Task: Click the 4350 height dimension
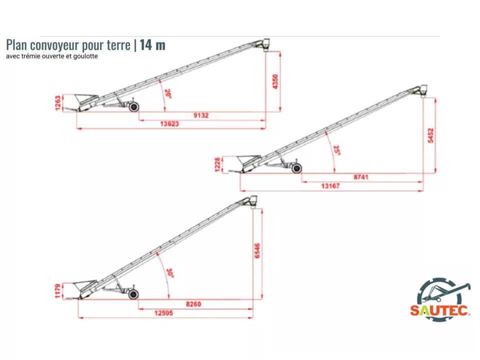[275, 81]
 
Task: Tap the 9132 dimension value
[201, 115]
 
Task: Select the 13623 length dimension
[169, 123]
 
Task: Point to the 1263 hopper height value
[58, 103]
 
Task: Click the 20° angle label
[168, 93]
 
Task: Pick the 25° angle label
[336, 150]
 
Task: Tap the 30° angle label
[170, 273]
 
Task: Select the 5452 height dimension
[430, 135]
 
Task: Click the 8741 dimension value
[361, 177]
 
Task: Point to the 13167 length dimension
[330, 186]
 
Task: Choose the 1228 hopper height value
[217, 164]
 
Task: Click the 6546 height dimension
[257, 250]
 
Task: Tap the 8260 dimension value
[193, 304]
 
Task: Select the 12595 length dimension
[164, 313]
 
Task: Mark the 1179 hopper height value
[58, 291]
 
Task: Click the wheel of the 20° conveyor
[134, 107]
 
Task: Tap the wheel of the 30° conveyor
[133, 294]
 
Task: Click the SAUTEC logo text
[439, 310]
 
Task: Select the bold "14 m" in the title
[152, 45]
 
